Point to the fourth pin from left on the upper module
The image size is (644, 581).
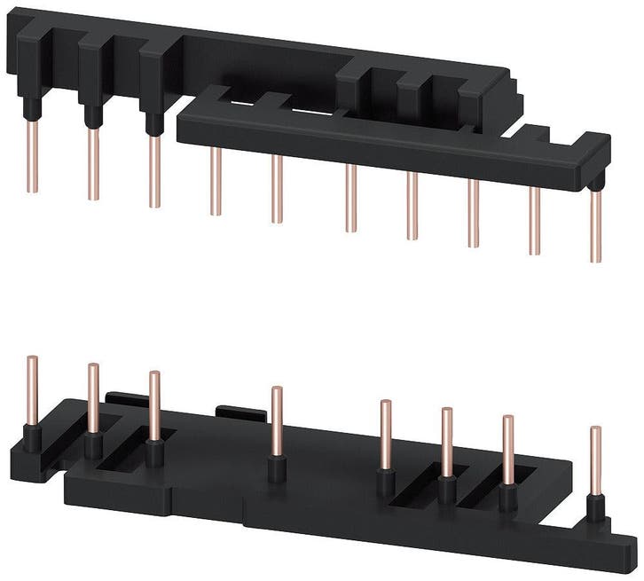(216, 181)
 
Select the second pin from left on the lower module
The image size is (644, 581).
(93, 398)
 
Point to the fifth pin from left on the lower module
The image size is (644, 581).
(386, 435)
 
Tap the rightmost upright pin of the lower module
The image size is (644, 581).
(595, 460)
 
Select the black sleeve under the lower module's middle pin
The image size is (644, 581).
(278, 468)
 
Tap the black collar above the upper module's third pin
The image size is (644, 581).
(154, 125)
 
